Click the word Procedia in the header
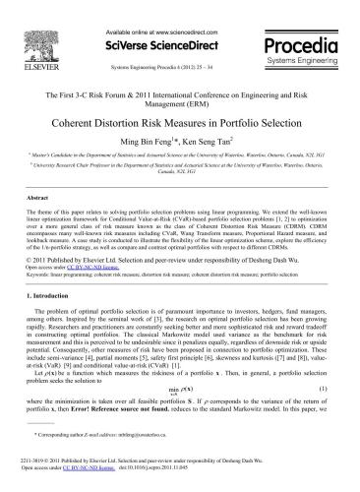point(303,27)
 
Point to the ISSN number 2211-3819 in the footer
point(39,474)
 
